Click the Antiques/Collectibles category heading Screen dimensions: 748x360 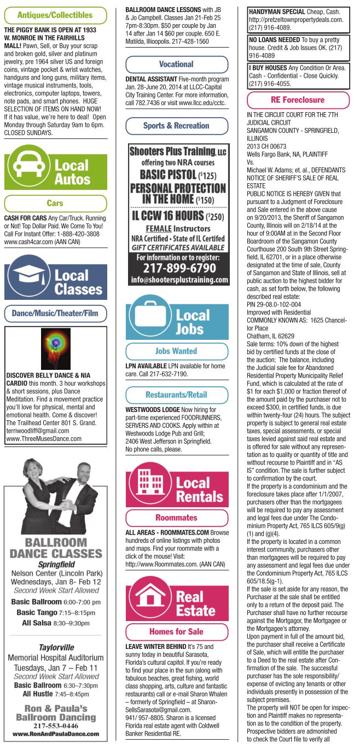tap(55, 15)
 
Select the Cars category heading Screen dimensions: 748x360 tap(55, 203)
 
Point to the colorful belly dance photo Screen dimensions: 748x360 tap(56, 349)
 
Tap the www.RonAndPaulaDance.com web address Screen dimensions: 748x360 tap(55, 734)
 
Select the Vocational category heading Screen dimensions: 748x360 tap(176, 64)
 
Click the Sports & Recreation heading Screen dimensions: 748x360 tap(176, 126)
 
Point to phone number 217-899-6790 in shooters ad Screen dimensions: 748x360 tap(178, 269)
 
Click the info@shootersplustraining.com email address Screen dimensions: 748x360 tap(178, 280)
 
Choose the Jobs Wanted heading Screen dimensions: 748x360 tap(176, 351)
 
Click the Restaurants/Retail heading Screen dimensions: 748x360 tap(176, 395)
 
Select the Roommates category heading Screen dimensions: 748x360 tap(176, 517)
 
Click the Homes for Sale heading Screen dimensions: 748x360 tap(176, 631)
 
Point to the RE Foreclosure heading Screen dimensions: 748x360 tap(298, 100)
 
